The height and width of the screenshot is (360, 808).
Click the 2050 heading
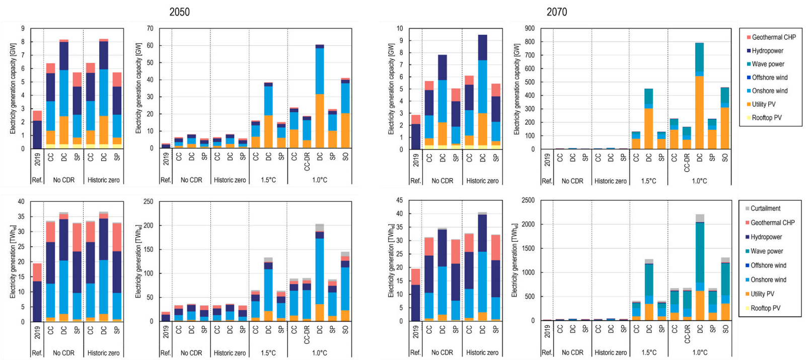tap(179, 12)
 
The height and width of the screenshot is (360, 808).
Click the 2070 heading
tap(557, 12)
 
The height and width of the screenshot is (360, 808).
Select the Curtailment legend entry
tap(765, 208)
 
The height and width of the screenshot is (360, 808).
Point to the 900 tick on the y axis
tap(530, 29)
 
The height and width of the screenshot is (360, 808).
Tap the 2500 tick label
tap(528, 200)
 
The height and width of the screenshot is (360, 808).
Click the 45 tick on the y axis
tap(399, 200)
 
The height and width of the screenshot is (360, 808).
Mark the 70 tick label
tap(150, 29)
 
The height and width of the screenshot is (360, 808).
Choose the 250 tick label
tap(149, 201)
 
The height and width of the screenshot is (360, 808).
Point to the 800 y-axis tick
tap(530, 42)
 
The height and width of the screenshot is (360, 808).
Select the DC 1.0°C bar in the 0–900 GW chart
tap(699, 96)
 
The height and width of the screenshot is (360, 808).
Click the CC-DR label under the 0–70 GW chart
tap(307, 162)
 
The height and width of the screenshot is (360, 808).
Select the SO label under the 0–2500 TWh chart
tap(725, 329)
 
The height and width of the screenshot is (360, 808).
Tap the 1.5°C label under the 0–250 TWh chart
tap(268, 353)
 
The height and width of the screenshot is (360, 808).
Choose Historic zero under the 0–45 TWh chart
tap(482, 352)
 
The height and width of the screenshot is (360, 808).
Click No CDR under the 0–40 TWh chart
tap(64, 353)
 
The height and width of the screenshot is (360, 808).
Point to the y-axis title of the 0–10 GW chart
tap(391, 89)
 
